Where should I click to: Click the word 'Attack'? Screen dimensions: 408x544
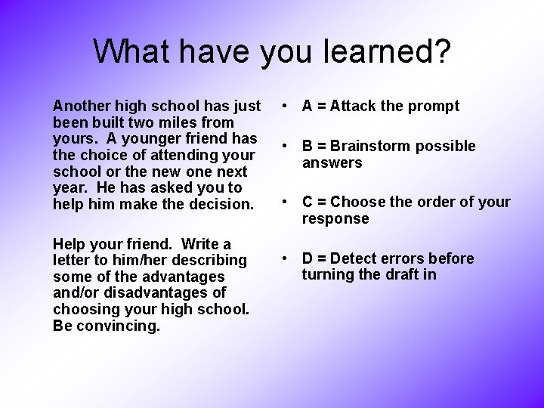pyautogui.click(x=356, y=107)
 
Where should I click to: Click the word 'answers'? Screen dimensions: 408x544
pyautogui.click(x=332, y=163)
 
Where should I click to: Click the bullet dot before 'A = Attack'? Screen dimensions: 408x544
pyautogui.click(x=281, y=107)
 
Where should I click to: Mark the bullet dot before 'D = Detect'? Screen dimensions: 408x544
pyautogui.click(x=281, y=258)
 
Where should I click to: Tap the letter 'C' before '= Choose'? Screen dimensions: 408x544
pyautogui.click(x=308, y=202)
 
